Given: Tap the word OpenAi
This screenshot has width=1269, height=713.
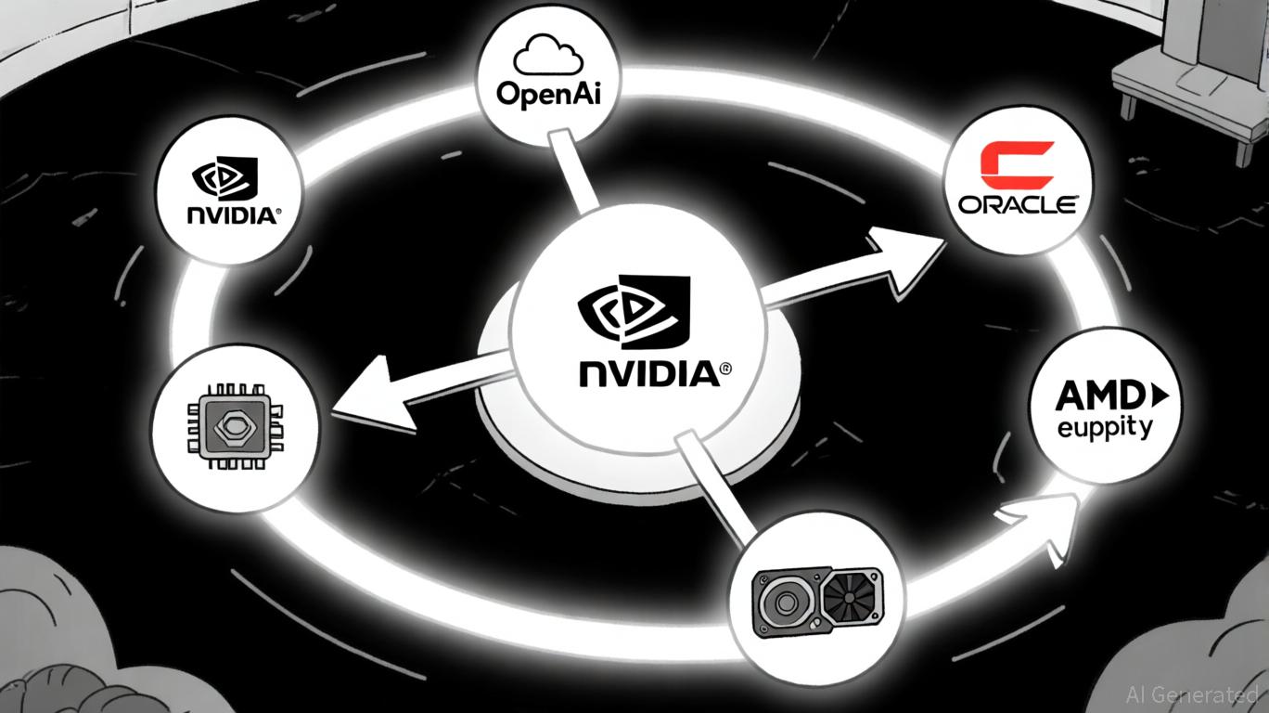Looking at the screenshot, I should pyautogui.click(x=545, y=96).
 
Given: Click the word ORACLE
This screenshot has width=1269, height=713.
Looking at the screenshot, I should pyautogui.click(x=1018, y=204).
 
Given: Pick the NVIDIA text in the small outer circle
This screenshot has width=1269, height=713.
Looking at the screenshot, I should pyautogui.click(x=232, y=215).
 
